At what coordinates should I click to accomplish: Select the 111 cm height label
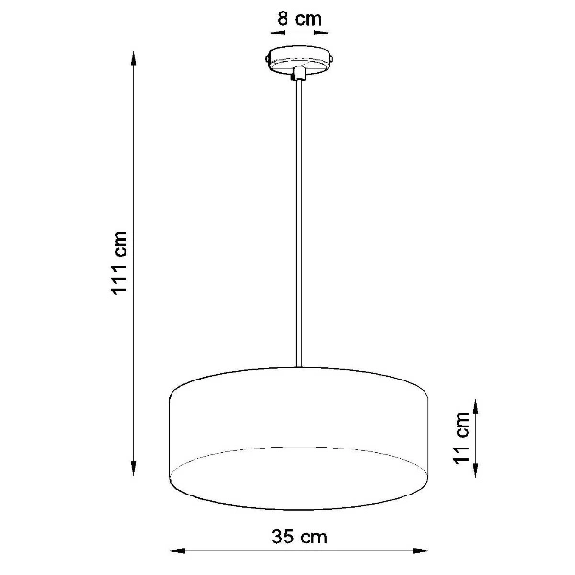pos(120,264)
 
